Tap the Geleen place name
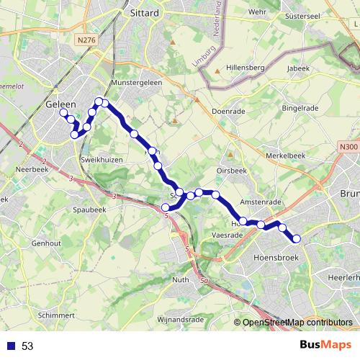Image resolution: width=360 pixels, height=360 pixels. tap(60, 104)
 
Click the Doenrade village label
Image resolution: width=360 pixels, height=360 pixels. tap(230, 112)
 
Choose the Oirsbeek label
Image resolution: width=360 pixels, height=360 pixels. tap(232, 171)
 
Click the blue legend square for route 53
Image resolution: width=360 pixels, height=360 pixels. tap(10, 346)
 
